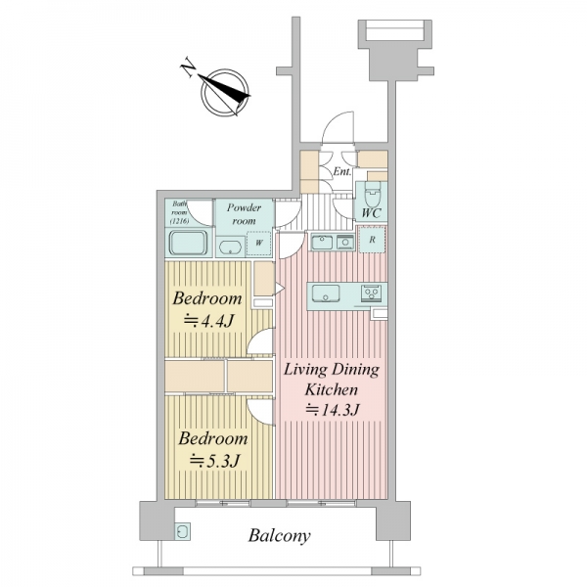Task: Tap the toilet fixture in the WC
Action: (373, 194)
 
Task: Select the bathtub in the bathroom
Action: (188, 243)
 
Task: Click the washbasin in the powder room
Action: (229, 248)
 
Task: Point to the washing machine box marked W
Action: (258, 244)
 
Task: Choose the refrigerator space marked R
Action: (372, 240)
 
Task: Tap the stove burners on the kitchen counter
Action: (372, 292)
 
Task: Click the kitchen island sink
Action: (326, 293)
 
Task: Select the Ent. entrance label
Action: (342, 171)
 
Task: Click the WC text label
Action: (371, 213)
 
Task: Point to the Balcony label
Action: (279, 536)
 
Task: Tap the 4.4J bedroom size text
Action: (208, 321)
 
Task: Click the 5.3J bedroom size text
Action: (214, 461)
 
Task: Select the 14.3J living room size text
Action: (333, 410)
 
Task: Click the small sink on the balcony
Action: (183, 531)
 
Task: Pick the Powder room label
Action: (244, 213)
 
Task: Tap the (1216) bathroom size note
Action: (180, 221)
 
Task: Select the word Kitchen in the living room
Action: (332, 389)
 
